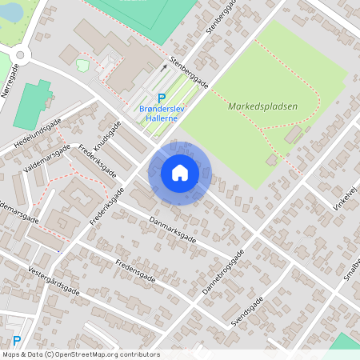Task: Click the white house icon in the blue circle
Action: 180,172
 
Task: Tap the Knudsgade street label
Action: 107,138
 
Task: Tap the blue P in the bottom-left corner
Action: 16,319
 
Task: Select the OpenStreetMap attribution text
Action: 80,354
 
